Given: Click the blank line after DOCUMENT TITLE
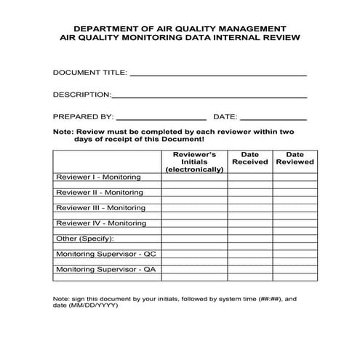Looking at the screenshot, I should click(217, 74).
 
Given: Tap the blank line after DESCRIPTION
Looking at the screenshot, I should click(209, 96).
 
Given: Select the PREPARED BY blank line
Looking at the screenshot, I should click(161, 118).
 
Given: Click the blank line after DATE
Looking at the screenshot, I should click(273, 118).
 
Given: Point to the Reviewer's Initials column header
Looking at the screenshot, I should click(193, 161).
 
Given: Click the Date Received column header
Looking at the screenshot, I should click(249, 158).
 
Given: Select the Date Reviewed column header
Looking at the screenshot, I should click(295, 158).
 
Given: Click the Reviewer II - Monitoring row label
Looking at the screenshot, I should click(99, 193).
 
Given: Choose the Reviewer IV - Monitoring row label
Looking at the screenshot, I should click(100, 223).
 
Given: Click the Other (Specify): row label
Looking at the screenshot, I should click(85, 239).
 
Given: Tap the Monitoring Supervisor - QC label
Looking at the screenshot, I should click(105, 254).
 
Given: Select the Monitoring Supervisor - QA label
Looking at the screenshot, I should click(105, 269).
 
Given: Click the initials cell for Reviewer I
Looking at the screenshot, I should click(193, 177).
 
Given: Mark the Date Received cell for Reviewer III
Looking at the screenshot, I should click(249, 208).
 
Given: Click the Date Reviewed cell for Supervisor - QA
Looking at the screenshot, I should click(295, 269).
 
